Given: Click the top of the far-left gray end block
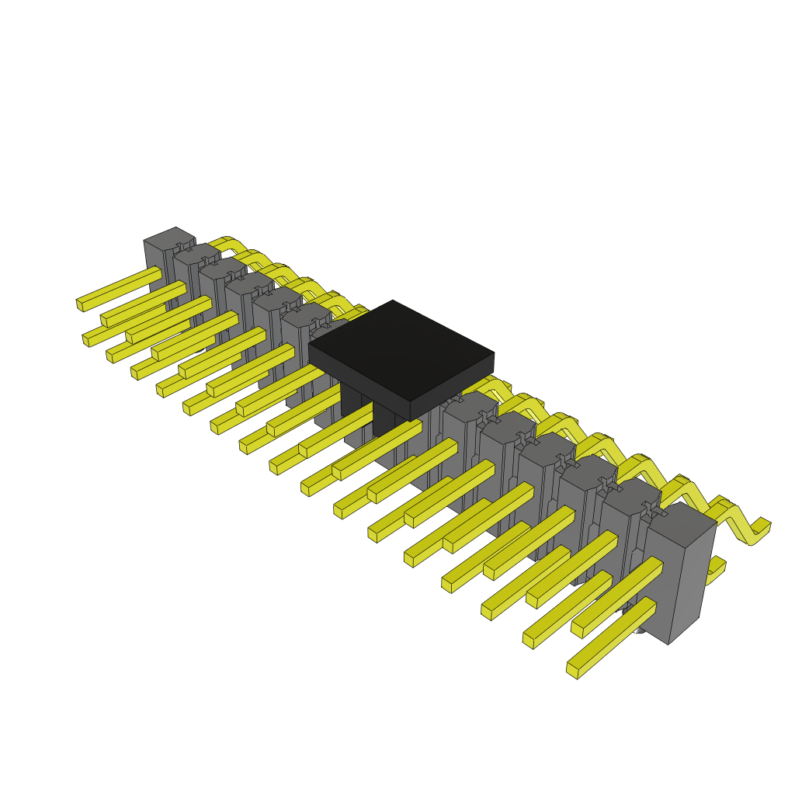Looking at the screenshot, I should [169, 238].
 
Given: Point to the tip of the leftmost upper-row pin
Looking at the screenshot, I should [79, 304].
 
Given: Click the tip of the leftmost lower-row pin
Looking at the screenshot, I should [85, 340].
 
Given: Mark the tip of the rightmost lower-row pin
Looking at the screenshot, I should [572, 669].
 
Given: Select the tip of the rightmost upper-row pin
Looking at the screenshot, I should [528, 640].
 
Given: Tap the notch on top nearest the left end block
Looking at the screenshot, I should [183, 247].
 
